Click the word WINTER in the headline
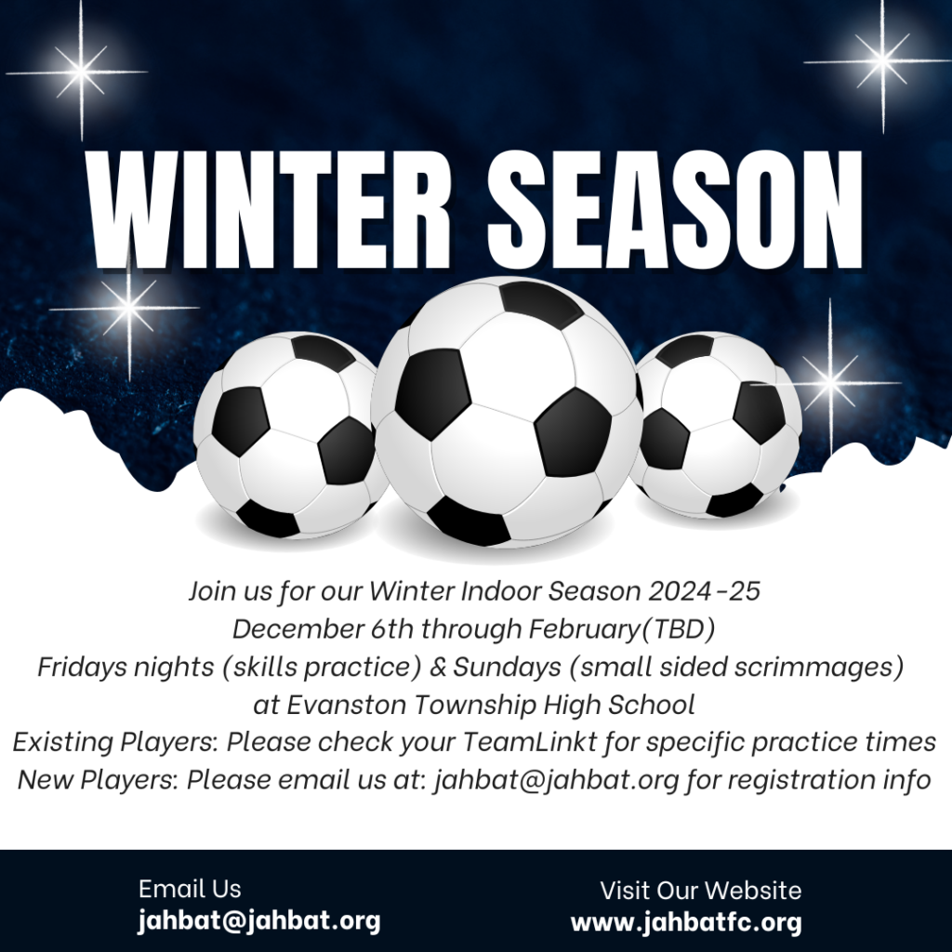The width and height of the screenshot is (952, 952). tap(269, 209)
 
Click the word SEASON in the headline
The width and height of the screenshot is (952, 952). tap(675, 209)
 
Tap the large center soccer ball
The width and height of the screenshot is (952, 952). tap(507, 412)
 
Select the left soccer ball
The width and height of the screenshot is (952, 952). tap(290, 435)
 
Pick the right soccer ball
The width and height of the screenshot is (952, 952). tap(717, 424)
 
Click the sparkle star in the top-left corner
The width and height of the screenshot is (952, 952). tap(80, 72)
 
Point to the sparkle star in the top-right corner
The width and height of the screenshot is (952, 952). tap(881, 60)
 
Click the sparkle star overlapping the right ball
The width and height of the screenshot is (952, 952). tap(830, 382)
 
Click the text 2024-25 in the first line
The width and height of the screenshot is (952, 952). tap(704, 590)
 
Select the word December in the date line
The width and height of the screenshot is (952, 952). tap(297, 628)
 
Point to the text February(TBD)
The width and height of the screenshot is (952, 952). tap(622, 629)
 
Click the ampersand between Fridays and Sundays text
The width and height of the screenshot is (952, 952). tap(437, 667)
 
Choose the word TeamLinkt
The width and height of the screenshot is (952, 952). tap(530, 742)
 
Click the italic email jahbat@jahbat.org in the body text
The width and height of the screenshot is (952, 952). tap(556, 780)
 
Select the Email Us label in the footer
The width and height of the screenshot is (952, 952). tap(190, 889)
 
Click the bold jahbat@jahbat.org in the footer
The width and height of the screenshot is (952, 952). tap(259, 921)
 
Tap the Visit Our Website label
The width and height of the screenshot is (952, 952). tap(701, 891)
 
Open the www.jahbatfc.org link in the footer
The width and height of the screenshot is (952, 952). tap(686, 923)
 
